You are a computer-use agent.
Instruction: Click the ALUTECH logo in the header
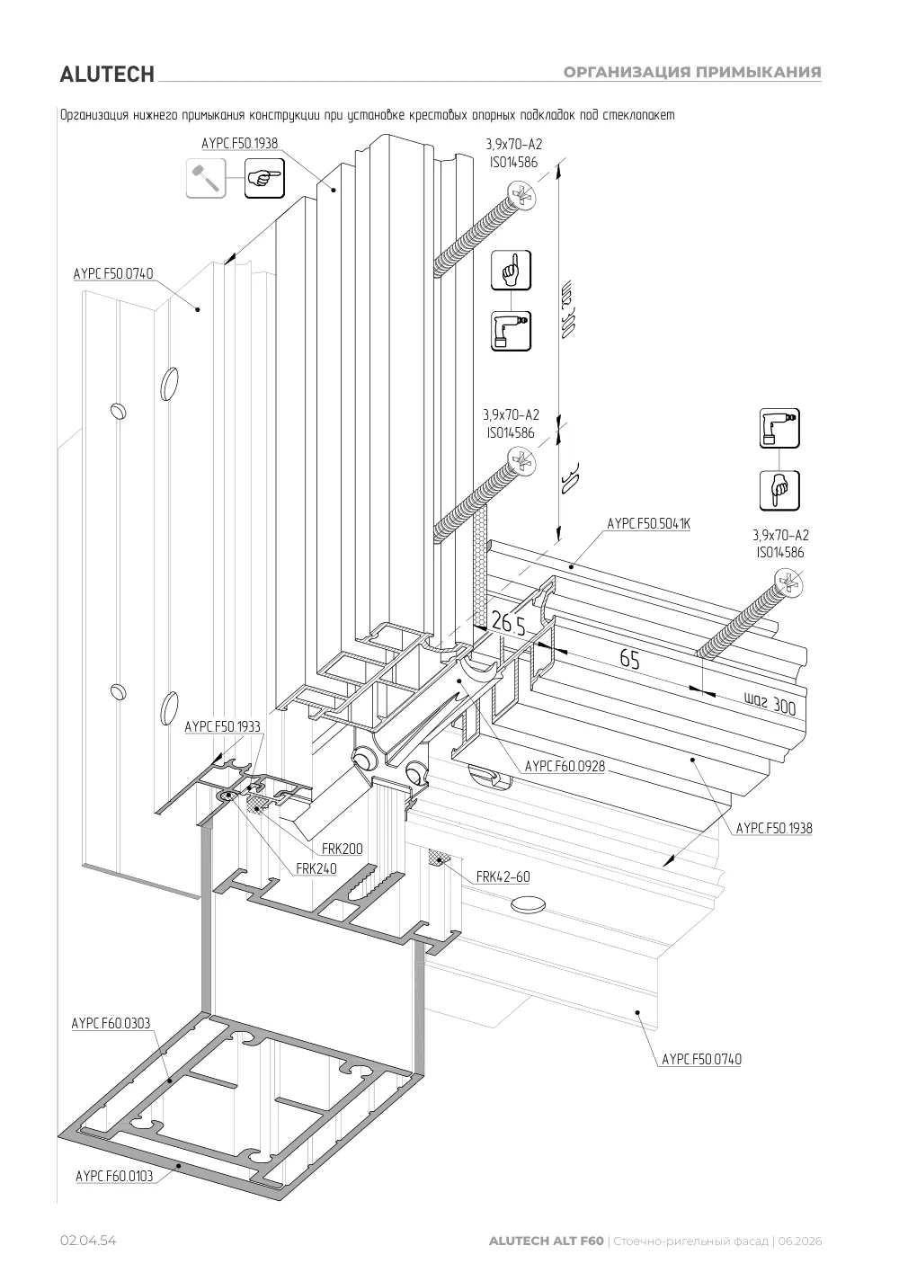[x=107, y=75]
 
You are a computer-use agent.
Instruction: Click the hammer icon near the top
[x=206, y=178]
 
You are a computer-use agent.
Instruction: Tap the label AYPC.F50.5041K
[x=648, y=523]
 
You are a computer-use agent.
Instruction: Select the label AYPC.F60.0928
[x=565, y=767]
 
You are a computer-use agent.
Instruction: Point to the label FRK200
[x=342, y=849]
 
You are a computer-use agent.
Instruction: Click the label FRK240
[x=316, y=868]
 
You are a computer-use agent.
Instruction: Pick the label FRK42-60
[x=503, y=876]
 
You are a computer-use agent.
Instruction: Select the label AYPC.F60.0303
[x=111, y=1024]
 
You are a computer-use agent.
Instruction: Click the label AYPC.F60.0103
[x=114, y=1176]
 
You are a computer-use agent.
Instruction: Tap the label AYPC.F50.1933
[x=223, y=726]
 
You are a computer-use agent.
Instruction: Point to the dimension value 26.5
[x=508, y=623]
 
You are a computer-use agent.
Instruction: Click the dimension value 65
[x=629, y=659]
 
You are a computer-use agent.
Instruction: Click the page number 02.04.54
[x=88, y=1241]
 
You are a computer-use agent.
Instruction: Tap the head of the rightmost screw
[x=789, y=583]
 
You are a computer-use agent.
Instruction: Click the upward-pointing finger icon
[x=512, y=271]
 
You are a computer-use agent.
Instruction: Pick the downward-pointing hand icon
[x=779, y=491]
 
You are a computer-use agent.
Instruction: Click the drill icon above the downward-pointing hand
[x=779, y=428]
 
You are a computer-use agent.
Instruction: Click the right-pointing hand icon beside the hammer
[x=264, y=178]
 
